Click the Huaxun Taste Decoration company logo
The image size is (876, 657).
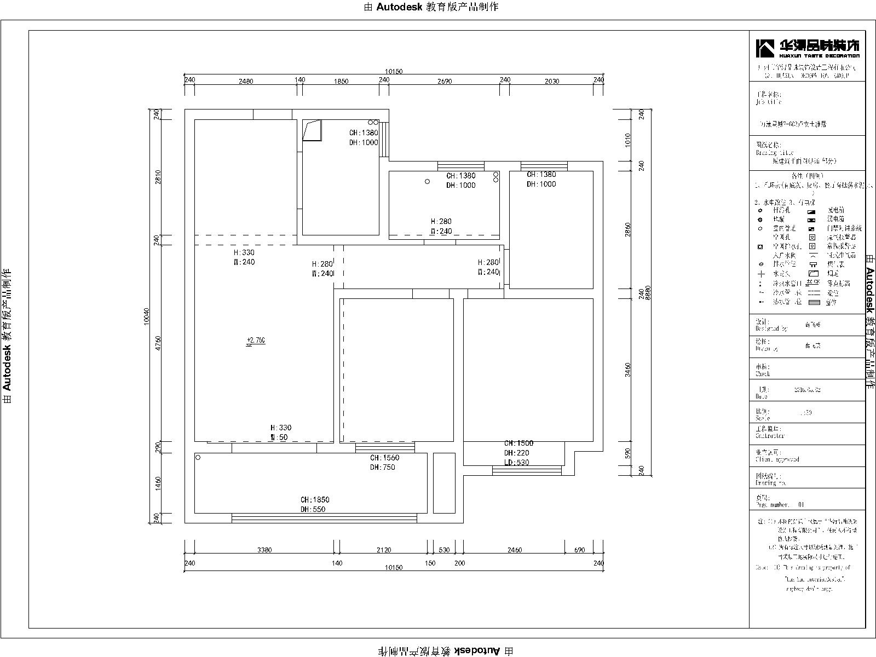[x=808, y=48]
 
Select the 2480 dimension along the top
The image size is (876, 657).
[x=246, y=81]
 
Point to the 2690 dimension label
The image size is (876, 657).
[x=445, y=81]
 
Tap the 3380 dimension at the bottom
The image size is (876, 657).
[x=264, y=550]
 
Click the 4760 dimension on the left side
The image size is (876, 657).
[x=158, y=343]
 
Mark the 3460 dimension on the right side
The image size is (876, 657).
[x=629, y=370]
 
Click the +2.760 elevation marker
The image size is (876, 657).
[x=256, y=341]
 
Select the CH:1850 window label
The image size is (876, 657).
[x=315, y=499]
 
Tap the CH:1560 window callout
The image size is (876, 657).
[x=384, y=458]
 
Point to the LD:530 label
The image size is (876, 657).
[x=516, y=463]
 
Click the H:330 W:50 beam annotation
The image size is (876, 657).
[x=280, y=433]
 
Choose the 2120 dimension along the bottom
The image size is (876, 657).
[x=384, y=550]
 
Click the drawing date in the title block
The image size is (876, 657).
[x=807, y=390]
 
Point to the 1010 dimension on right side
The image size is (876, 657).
[x=629, y=140]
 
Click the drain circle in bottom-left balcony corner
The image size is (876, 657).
[x=198, y=457]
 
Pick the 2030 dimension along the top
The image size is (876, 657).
[x=552, y=81]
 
